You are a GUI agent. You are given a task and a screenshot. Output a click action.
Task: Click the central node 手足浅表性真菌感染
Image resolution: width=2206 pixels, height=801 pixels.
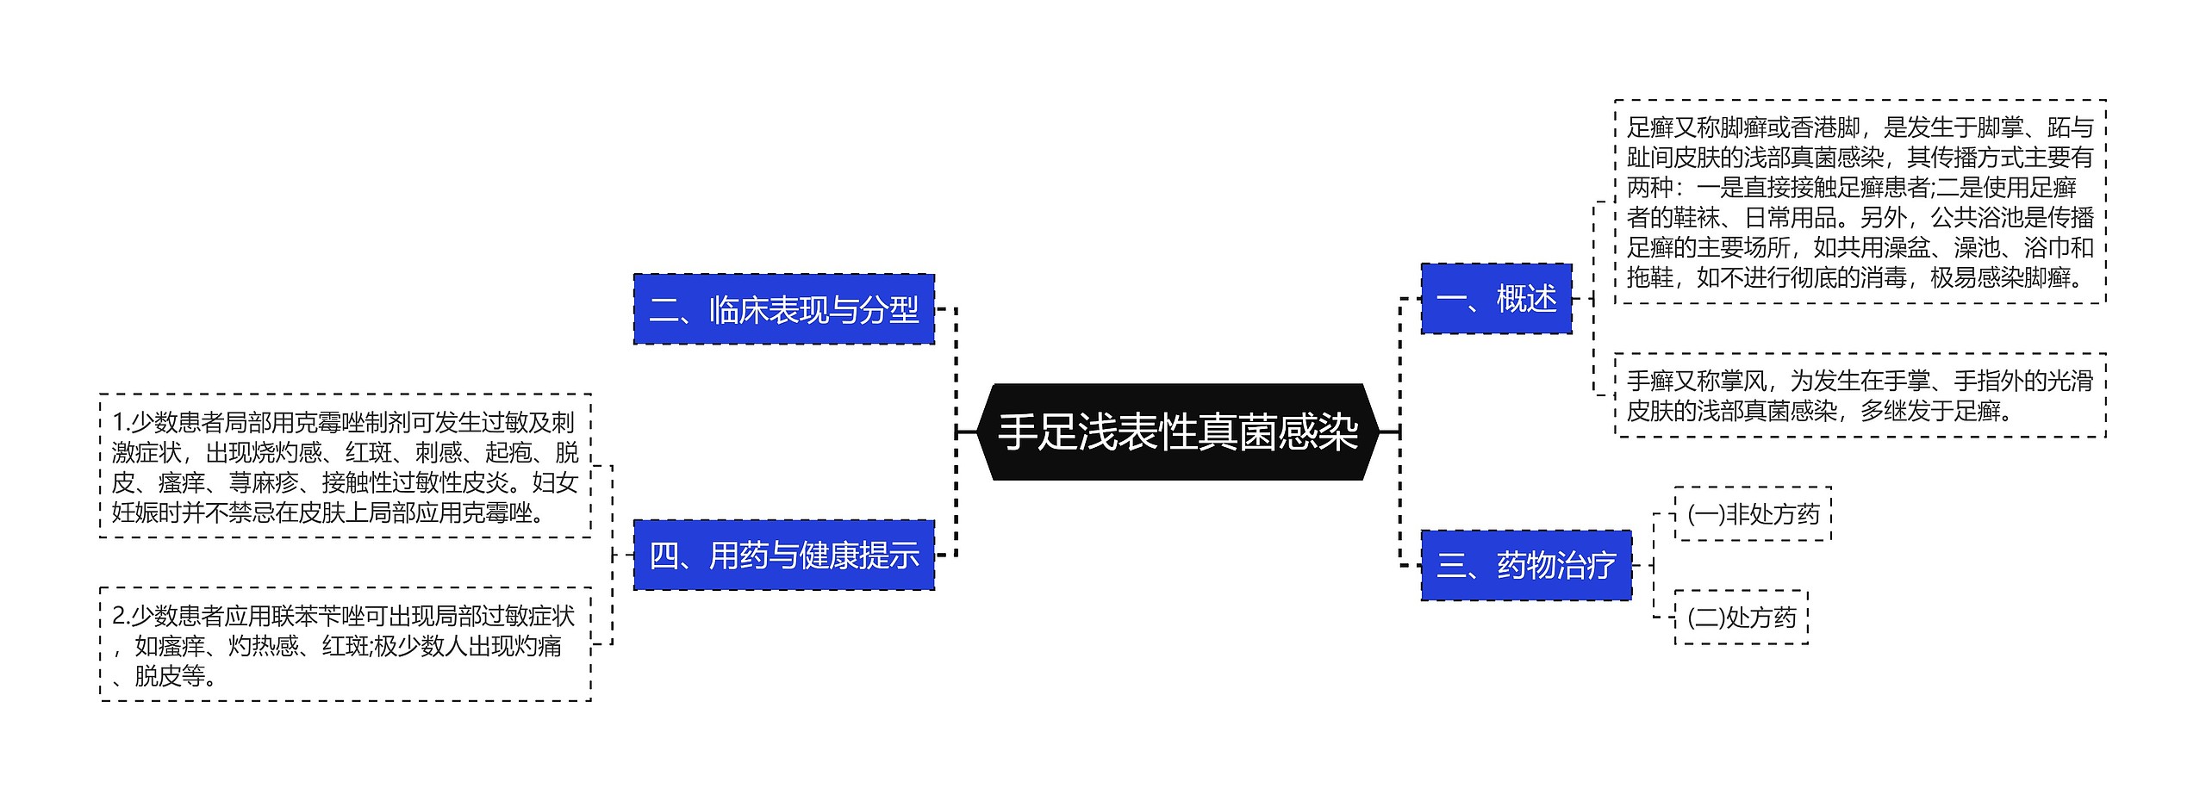pos(1178,432)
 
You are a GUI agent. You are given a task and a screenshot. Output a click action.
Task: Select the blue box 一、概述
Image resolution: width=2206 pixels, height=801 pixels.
pos(1496,299)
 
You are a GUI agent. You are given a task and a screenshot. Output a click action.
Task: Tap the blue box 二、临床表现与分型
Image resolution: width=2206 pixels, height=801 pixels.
pos(783,309)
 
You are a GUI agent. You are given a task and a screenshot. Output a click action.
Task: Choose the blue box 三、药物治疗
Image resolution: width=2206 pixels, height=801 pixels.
pos(1525,565)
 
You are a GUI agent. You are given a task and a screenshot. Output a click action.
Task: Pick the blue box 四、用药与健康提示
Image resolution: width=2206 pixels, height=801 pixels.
pos(783,556)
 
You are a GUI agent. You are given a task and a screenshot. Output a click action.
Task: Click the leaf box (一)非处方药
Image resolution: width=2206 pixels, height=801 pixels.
pos(1753,514)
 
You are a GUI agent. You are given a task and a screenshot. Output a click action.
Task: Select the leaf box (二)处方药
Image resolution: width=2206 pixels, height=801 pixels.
pos(1741,617)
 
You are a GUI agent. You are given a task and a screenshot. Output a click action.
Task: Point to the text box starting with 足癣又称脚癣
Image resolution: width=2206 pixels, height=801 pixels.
pos(1860,202)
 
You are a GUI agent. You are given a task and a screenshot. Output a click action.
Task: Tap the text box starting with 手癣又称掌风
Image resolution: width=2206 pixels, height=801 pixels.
pos(1860,395)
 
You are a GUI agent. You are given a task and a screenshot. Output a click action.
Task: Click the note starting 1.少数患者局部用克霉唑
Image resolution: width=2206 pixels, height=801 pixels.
pos(345,466)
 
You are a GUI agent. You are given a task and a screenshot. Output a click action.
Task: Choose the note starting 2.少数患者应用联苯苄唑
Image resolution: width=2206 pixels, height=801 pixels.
pos(345,644)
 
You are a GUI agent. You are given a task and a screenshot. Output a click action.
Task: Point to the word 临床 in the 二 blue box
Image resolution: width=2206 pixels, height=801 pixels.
pos(738,309)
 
